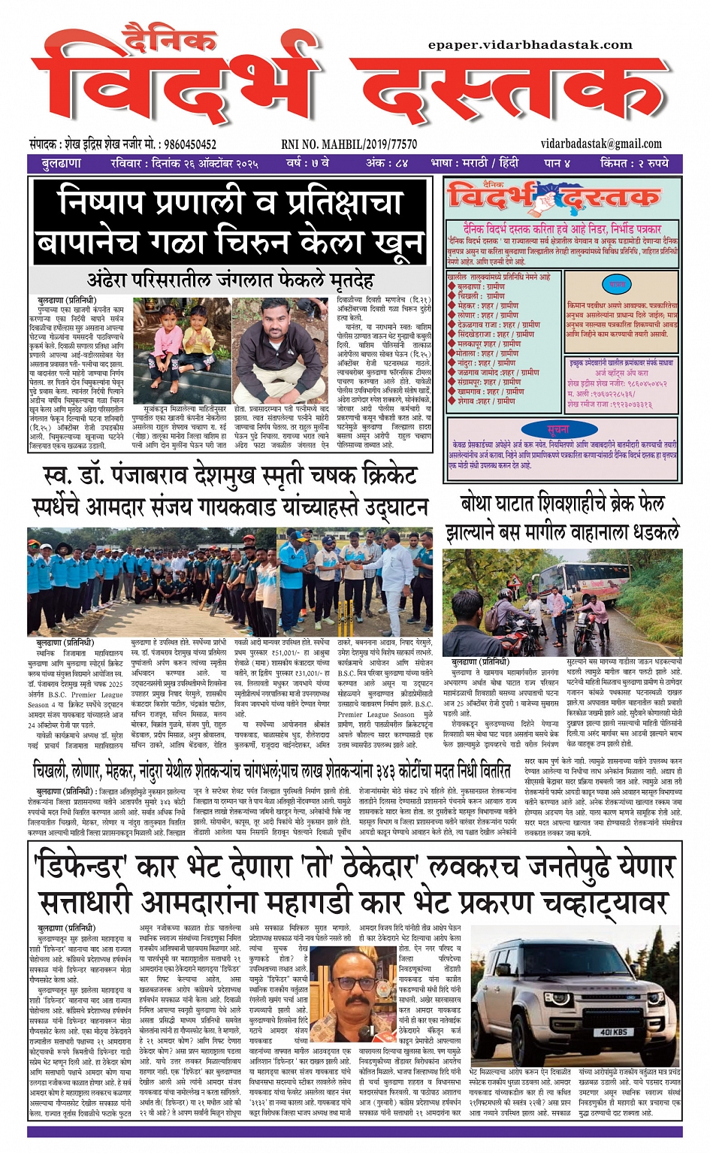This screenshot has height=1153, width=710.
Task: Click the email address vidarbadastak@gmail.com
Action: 600,144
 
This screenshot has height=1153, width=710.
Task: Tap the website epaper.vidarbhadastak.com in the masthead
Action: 530,45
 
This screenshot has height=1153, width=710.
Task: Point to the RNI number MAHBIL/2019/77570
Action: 349,144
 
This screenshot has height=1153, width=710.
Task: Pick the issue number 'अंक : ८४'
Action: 387,163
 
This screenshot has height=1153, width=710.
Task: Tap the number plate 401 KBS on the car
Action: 613,1032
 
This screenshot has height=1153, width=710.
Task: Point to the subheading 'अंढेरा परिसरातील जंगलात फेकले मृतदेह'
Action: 231,280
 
